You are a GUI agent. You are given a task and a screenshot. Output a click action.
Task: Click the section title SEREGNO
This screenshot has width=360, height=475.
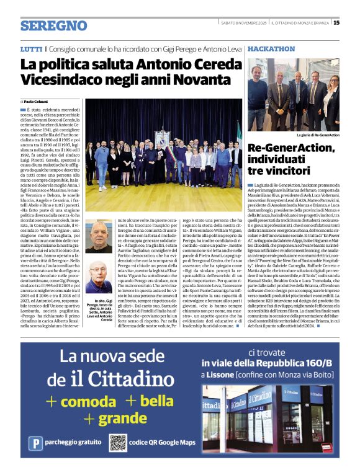[53, 25]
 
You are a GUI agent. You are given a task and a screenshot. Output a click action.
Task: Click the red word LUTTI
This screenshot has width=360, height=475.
[31, 48]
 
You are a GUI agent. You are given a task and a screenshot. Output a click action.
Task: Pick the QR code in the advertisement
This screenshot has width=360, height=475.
[118, 443]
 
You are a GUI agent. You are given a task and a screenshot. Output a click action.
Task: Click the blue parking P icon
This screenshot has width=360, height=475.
[38, 443]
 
